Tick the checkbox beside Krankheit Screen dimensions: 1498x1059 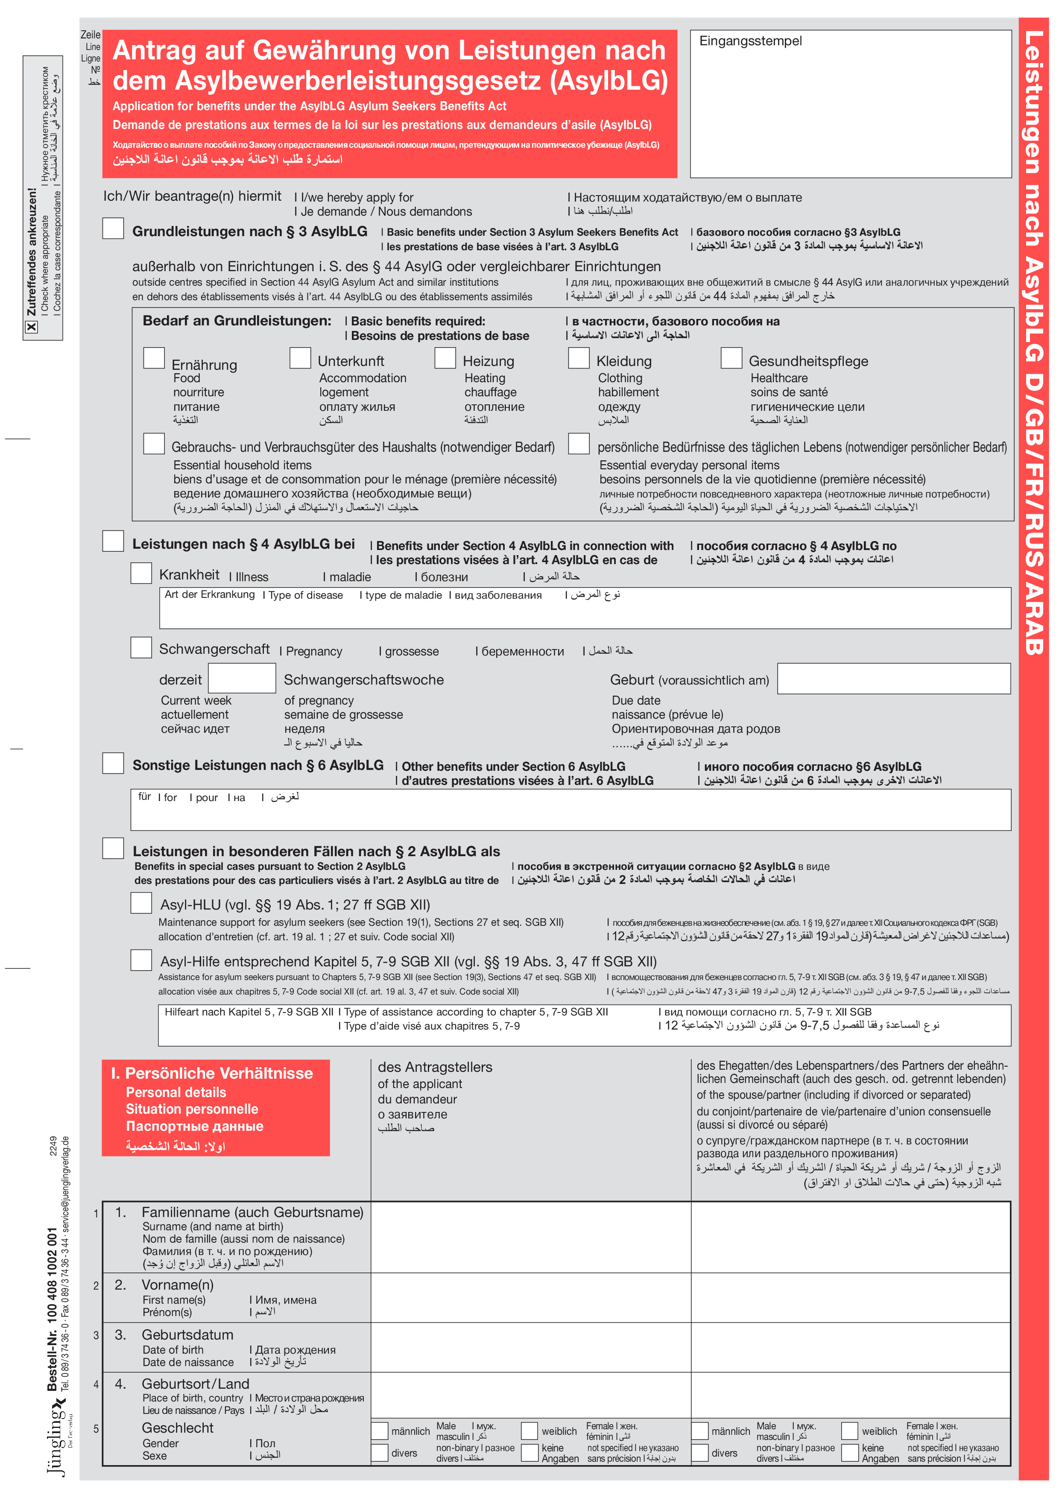coord(141,573)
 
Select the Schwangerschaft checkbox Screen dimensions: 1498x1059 coord(141,647)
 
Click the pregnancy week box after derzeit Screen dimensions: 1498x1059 coord(241,679)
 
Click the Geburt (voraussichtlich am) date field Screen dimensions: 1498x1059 coord(893,679)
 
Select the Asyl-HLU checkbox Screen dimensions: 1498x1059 coord(141,903)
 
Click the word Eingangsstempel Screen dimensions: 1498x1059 coord(750,41)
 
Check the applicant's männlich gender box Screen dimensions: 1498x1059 coord(380,1431)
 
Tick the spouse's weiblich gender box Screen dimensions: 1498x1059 coord(850,1431)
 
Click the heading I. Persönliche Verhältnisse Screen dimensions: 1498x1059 coord(212,1073)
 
